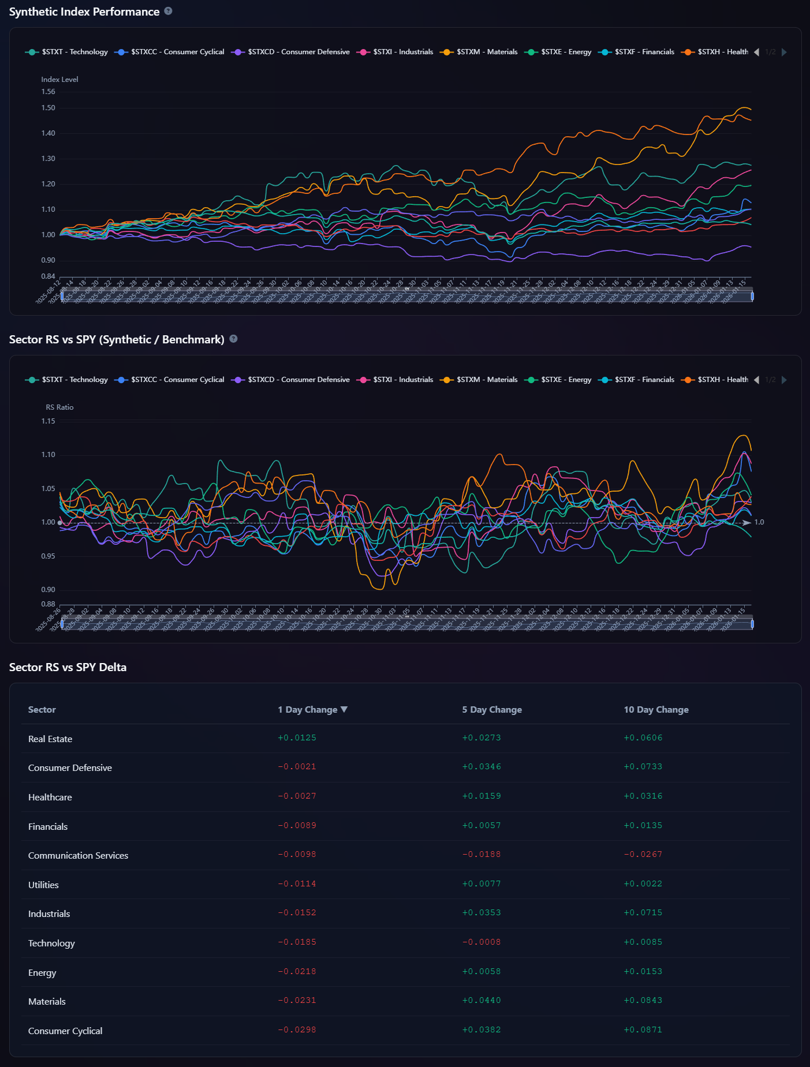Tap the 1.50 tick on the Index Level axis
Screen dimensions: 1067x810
pyautogui.click(x=48, y=108)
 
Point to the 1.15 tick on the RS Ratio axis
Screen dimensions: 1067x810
pyautogui.click(x=48, y=421)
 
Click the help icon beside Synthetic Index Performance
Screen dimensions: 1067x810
pyautogui.click(x=168, y=11)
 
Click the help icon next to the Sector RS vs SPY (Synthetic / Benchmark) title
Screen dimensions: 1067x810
pyautogui.click(x=233, y=339)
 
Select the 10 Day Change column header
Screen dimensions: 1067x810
pyautogui.click(x=656, y=710)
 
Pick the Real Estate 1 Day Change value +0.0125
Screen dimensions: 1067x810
pyautogui.click(x=297, y=738)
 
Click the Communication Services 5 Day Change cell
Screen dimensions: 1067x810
pyautogui.click(x=481, y=855)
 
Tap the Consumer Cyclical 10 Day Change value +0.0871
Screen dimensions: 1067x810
pyautogui.click(x=643, y=1030)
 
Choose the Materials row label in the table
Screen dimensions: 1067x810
pyautogui.click(x=47, y=1002)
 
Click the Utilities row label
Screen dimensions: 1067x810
pyautogui.click(x=43, y=885)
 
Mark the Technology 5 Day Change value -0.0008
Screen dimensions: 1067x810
pyautogui.click(x=481, y=942)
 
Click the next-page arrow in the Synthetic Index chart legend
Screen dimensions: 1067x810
pyautogui.click(x=784, y=52)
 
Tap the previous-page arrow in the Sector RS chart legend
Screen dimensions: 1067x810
pyautogui.click(x=756, y=380)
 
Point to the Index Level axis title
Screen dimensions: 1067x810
pyautogui.click(x=59, y=80)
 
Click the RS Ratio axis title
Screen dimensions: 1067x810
pyautogui.click(x=59, y=407)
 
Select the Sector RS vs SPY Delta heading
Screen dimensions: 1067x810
pyautogui.click(x=68, y=667)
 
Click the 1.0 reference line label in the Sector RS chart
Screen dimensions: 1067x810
pyautogui.click(x=759, y=522)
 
